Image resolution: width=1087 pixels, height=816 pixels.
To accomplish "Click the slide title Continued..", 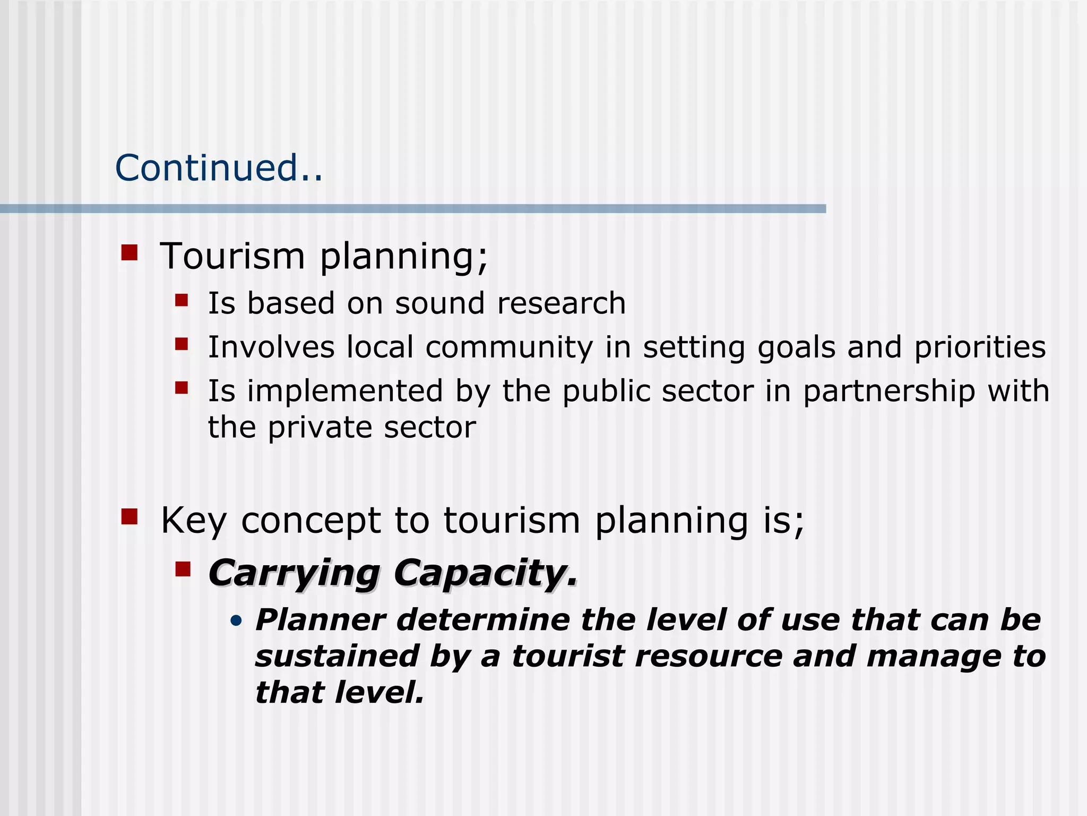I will click(218, 168).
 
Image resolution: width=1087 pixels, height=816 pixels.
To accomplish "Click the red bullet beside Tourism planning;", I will click(130, 252).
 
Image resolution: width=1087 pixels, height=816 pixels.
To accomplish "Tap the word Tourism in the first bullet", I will click(232, 257).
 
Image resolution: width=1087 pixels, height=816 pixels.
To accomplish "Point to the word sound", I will click(439, 303).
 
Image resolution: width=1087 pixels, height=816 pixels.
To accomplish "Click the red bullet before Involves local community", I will click(182, 344).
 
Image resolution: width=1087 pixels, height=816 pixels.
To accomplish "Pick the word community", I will click(509, 348).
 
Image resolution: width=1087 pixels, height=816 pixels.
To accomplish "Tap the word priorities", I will click(980, 348).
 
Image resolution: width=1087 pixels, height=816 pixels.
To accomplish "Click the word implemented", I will click(345, 392).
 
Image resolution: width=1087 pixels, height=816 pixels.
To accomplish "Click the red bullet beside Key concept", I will click(130, 516).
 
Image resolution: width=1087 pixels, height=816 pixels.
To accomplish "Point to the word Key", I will click(194, 521).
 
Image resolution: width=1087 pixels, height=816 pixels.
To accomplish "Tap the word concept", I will click(310, 521).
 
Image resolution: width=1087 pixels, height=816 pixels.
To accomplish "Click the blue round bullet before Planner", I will click(237, 620).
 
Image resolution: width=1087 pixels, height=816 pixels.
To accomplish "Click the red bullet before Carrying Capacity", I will click(183, 569).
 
